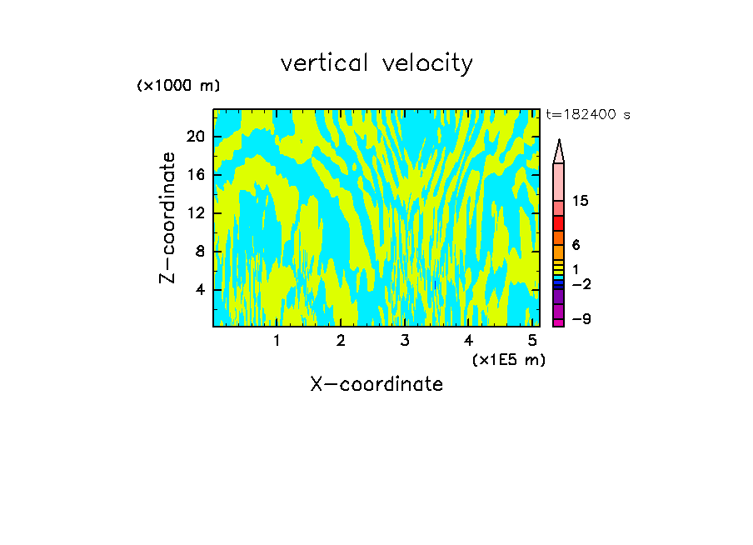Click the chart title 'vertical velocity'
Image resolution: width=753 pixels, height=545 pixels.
376,63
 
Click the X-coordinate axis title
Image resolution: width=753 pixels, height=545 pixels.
376,384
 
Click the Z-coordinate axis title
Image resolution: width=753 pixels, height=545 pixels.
168,217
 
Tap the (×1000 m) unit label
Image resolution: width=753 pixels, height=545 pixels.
178,87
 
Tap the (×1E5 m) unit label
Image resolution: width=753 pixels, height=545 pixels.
509,359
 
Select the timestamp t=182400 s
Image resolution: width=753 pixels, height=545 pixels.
588,115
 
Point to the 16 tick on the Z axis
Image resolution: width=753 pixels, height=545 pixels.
195,175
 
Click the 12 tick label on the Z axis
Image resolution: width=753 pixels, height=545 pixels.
195,213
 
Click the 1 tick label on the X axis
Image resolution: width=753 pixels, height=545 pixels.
277,341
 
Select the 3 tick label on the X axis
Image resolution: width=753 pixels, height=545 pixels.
405,341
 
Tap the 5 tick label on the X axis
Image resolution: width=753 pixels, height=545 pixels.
532,341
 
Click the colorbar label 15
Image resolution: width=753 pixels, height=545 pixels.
581,202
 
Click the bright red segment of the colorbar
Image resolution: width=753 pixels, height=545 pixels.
559,223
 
